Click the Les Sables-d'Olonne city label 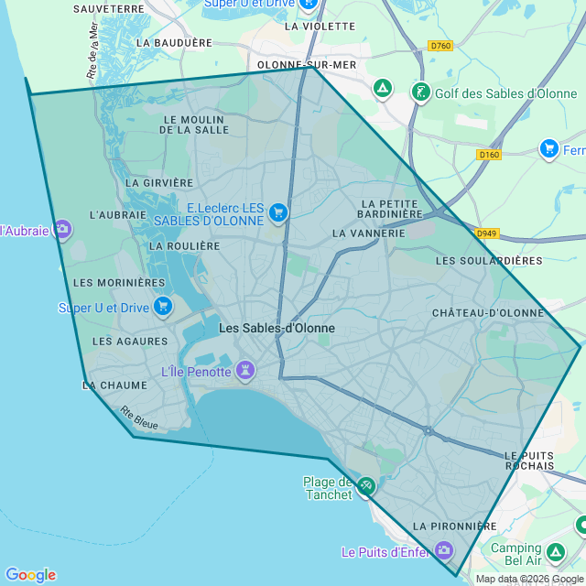pyautogui.click(x=277, y=328)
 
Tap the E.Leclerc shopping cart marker pyautogui.click(x=278, y=213)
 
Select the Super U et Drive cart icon pyautogui.click(x=163, y=306)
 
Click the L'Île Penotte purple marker pyautogui.click(x=244, y=371)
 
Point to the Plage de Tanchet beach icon pyautogui.click(x=366, y=485)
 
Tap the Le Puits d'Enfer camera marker pyautogui.click(x=444, y=550)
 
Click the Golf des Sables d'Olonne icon pyautogui.click(x=421, y=92)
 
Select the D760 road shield pyautogui.click(x=440, y=46)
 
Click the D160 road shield pyautogui.click(x=489, y=155)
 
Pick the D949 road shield pyautogui.click(x=485, y=233)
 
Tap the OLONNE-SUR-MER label pyautogui.click(x=307, y=65)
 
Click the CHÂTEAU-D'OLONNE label pyautogui.click(x=488, y=313)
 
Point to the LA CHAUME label pyautogui.click(x=114, y=386)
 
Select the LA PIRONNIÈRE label pyautogui.click(x=454, y=526)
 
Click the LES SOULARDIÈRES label pyautogui.click(x=489, y=261)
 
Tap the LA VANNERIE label pyautogui.click(x=369, y=233)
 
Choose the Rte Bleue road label pyautogui.click(x=139, y=418)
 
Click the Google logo pyautogui.click(x=30, y=574)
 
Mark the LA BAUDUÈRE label pyautogui.click(x=174, y=42)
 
